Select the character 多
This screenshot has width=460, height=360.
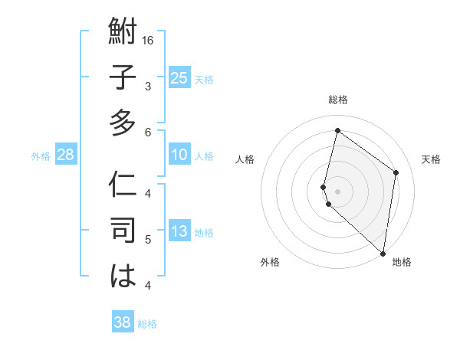coord(123,123)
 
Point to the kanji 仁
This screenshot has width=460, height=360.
coord(123,186)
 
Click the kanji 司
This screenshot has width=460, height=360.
coord(123,231)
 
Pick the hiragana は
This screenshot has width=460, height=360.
coord(123,276)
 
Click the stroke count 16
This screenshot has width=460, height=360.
coord(148,40)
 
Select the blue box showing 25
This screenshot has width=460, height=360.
coord(179,77)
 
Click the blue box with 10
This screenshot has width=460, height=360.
coord(179,155)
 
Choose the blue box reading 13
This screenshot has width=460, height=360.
coord(179,231)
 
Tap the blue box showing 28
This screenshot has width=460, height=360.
coord(65,155)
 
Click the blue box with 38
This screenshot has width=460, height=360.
coord(122,322)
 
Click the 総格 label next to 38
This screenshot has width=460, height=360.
coord(147,324)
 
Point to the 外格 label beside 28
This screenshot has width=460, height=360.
coord(41,156)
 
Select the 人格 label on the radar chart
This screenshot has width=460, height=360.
coord(245,159)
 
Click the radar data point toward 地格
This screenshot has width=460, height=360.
coord(383,254)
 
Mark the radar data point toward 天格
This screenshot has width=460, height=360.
coord(396,172)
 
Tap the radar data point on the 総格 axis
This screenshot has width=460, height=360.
coord(337,131)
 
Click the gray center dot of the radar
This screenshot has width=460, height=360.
coord(337,191)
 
